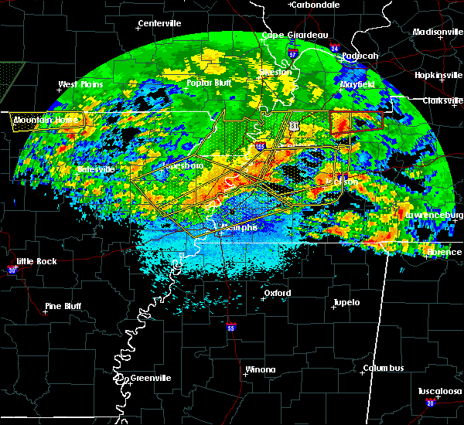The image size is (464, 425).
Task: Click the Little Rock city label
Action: (x=37, y=261)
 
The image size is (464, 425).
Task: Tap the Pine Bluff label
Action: (x=63, y=306)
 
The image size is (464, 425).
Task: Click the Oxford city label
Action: (x=278, y=293)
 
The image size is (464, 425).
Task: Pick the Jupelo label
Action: (x=346, y=302)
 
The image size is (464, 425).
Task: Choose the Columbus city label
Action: (x=385, y=368)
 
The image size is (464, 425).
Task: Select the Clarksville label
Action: (x=442, y=100)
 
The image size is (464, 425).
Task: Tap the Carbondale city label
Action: (x=318, y=5)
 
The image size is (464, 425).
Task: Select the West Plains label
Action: (x=80, y=84)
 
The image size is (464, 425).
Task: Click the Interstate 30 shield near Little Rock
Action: (x=12, y=270)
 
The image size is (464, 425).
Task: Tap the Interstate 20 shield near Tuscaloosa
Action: (x=430, y=403)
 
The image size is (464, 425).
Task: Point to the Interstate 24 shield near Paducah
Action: (x=335, y=49)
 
